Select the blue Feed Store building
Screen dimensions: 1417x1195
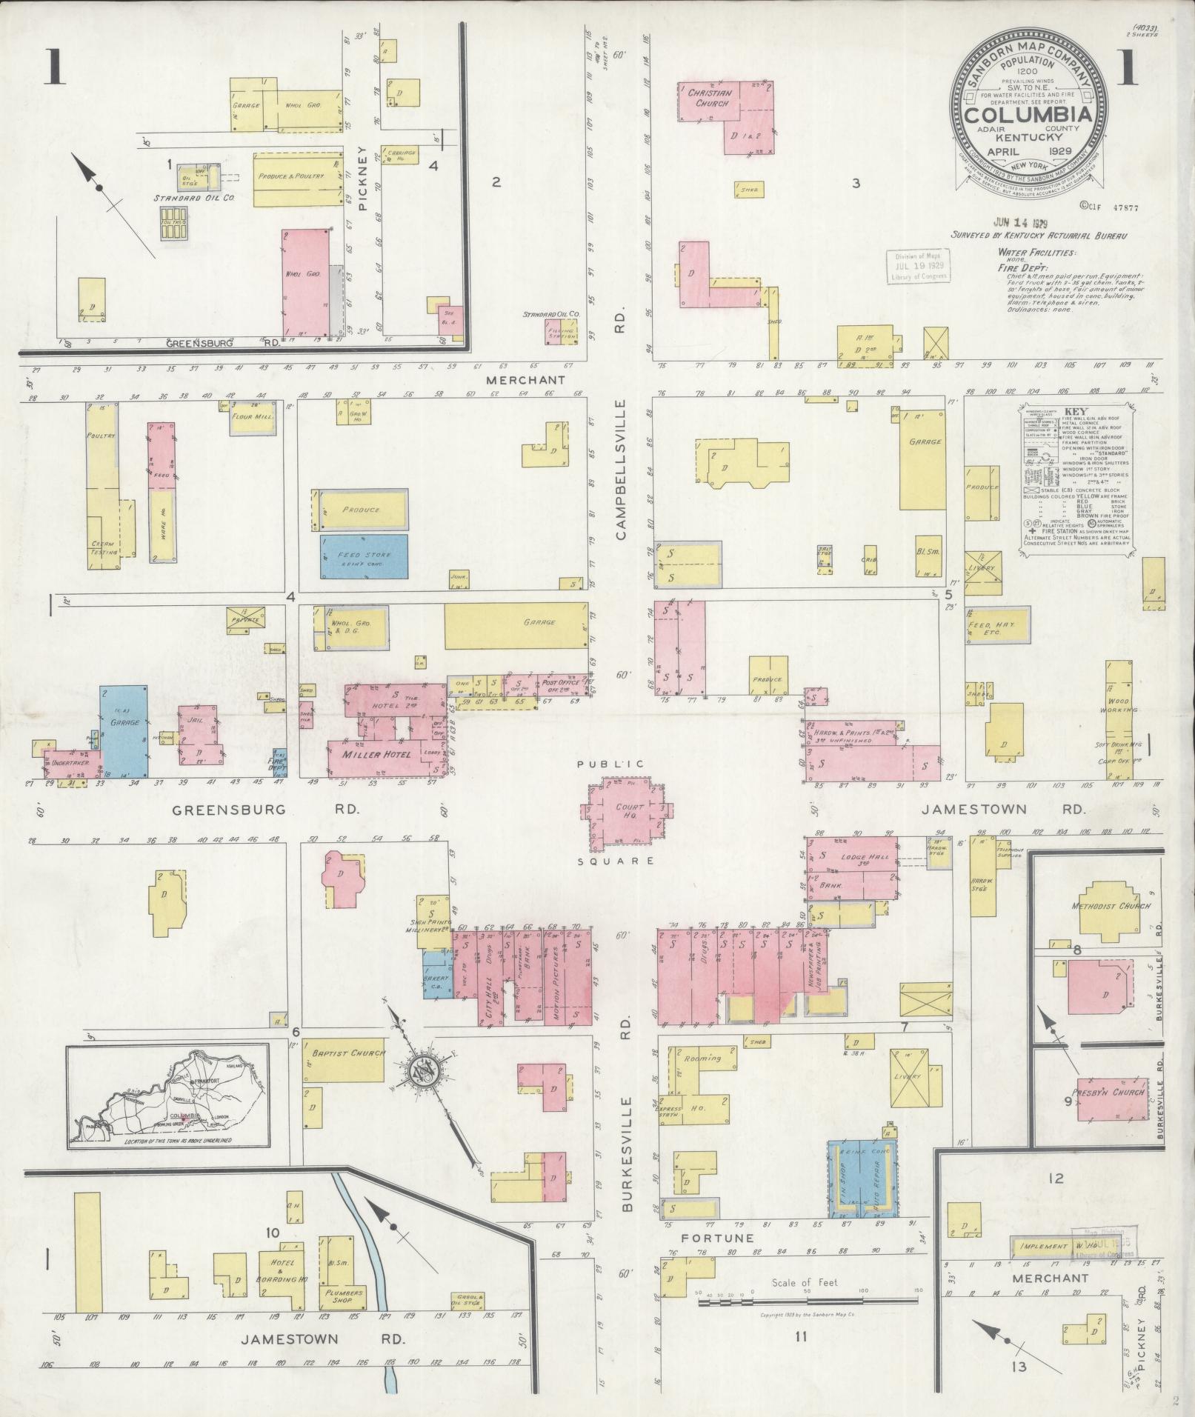[x=364, y=556]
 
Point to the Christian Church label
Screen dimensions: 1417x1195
[x=710, y=99]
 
